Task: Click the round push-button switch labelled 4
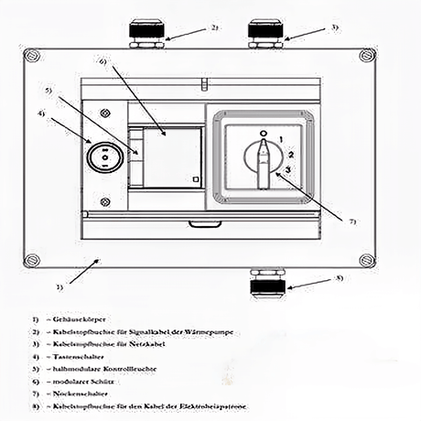coord(103,156)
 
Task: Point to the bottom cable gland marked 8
coord(266,286)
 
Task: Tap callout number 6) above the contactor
coord(103,62)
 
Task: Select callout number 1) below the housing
coord(59,287)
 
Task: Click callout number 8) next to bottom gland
coord(339,277)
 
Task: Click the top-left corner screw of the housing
coord(32,57)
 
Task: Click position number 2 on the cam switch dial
coord(289,156)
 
